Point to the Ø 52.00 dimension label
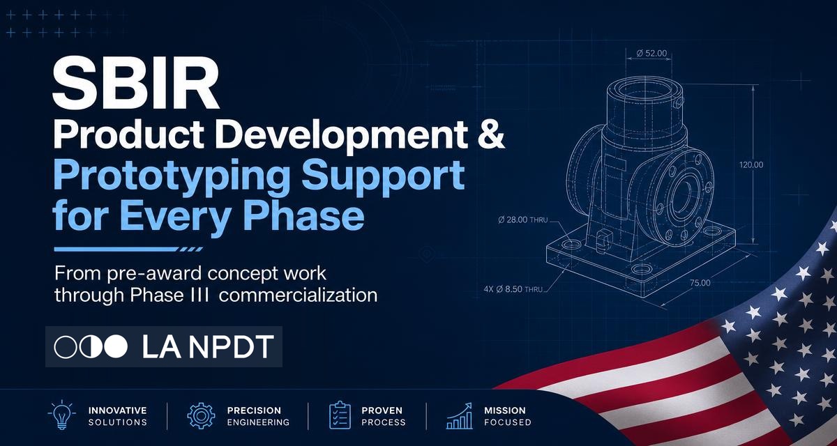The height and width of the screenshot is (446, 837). point(651,54)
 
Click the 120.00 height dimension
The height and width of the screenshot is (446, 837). point(751,164)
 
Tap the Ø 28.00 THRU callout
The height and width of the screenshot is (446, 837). point(522,220)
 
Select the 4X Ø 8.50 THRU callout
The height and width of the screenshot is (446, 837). point(513,289)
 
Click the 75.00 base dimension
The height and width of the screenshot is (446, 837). point(700,283)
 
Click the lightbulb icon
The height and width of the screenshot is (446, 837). point(61,415)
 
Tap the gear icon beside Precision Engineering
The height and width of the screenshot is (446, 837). point(201,415)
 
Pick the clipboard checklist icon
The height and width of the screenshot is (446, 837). point(340,415)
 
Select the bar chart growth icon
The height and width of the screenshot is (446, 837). point(459,416)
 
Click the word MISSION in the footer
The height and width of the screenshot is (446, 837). point(505,410)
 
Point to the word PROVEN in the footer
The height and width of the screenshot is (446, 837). point(382,410)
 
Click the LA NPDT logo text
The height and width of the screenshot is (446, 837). point(208,347)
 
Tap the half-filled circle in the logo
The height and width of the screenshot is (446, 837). point(91,347)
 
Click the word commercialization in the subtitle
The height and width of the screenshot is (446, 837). point(299,295)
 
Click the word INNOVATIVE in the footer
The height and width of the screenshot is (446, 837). point(118,410)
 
